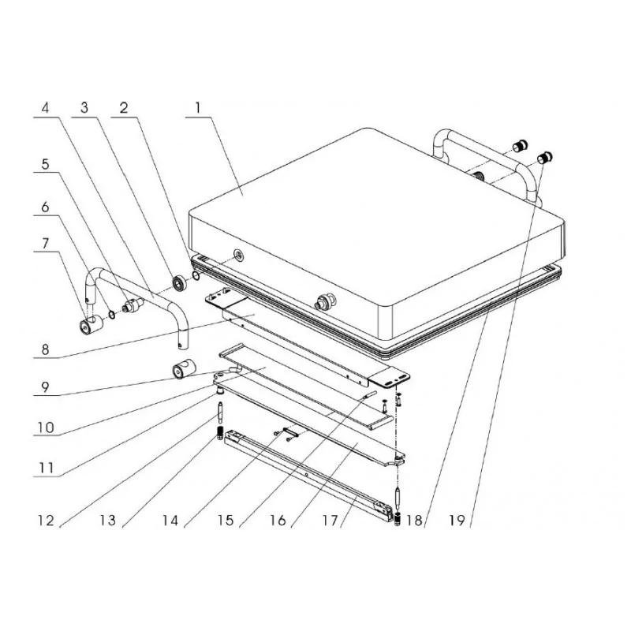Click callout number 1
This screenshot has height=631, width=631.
(198, 108)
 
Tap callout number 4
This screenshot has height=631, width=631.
(45, 108)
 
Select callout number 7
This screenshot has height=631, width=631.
(45, 244)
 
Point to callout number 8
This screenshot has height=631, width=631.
(45, 349)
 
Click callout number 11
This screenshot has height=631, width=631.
(46, 468)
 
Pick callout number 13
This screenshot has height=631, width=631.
(108, 520)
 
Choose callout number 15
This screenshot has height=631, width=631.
(226, 520)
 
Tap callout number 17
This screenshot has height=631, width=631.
(330, 520)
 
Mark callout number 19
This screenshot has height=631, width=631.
(457, 520)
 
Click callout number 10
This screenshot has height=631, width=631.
(46, 428)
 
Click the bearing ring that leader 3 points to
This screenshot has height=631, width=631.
(178, 282)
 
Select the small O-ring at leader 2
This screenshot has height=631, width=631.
(196, 275)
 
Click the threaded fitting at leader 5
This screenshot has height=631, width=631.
(133, 305)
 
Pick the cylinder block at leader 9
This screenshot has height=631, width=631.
(184, 369)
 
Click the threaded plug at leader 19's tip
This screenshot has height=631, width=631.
(545, 157)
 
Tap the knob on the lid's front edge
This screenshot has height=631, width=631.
(326, 302)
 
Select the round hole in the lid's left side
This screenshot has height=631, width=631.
(239, 254)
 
